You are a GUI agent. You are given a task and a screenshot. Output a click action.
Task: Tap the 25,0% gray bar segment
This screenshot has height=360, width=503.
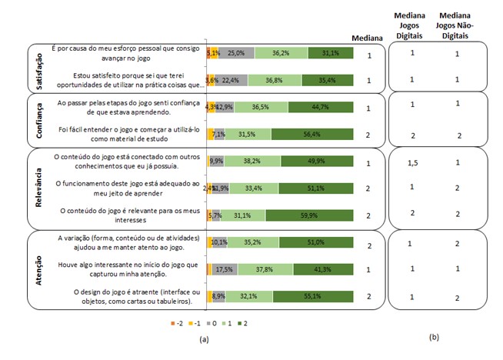236,52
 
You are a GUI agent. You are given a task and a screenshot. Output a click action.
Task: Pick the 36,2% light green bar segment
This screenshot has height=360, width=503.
281,52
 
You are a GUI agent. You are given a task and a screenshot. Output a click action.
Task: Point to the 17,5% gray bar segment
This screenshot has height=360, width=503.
225,268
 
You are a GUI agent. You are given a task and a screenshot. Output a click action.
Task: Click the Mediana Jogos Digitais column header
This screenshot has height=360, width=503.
412,25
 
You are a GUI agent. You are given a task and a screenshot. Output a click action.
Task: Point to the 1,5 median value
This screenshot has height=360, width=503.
412,162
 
